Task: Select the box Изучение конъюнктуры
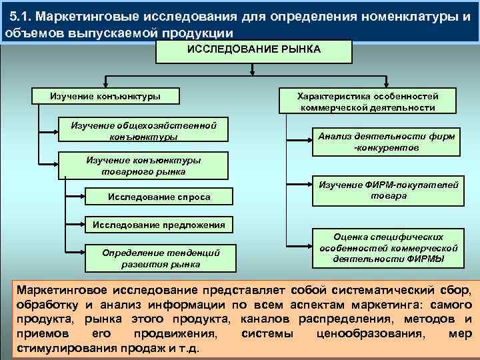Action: pos(105,96)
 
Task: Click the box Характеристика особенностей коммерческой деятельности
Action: pos(368,101)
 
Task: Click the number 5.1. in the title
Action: pos(23,16)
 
